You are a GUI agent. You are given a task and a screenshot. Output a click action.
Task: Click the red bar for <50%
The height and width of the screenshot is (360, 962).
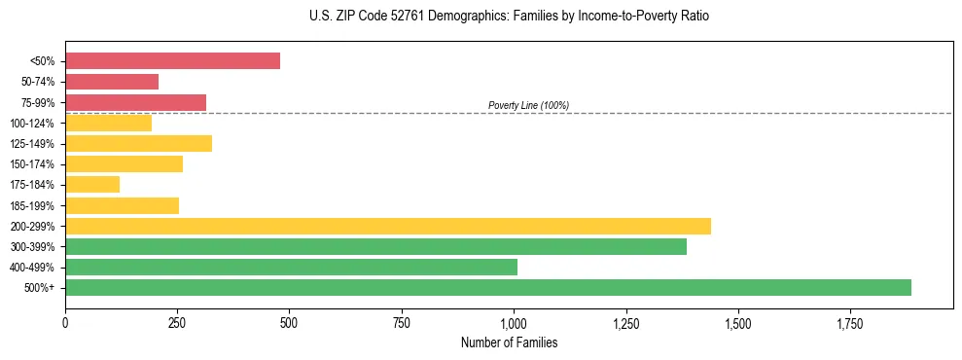172,60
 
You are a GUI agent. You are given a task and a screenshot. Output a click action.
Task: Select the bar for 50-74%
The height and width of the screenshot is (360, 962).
112,82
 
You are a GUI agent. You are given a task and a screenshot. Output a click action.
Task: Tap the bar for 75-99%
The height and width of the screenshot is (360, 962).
135,102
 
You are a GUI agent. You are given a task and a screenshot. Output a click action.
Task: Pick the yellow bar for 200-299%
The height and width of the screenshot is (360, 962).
388,226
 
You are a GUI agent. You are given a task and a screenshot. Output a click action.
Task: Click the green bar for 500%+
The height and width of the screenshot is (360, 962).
488,287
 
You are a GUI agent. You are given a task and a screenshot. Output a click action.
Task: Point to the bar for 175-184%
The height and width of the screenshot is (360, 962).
92,184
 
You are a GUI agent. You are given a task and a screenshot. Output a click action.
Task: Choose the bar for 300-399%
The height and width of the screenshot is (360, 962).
375,246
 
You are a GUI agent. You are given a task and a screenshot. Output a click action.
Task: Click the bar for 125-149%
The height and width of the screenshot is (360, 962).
138,143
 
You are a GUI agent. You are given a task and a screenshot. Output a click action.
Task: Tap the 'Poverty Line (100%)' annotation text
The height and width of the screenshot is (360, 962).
528,105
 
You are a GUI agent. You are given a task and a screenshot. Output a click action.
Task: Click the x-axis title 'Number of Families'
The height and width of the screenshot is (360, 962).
509,342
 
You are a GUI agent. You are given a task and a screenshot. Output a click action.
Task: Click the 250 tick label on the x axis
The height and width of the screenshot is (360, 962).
177,322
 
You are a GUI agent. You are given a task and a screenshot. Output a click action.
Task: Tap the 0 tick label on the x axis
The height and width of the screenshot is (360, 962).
65,322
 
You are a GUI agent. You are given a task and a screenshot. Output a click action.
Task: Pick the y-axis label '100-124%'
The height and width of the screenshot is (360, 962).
32,124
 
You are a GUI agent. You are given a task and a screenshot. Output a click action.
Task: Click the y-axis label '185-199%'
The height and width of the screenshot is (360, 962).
32,205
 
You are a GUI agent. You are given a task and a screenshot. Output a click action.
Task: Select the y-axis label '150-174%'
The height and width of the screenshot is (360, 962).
32,164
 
